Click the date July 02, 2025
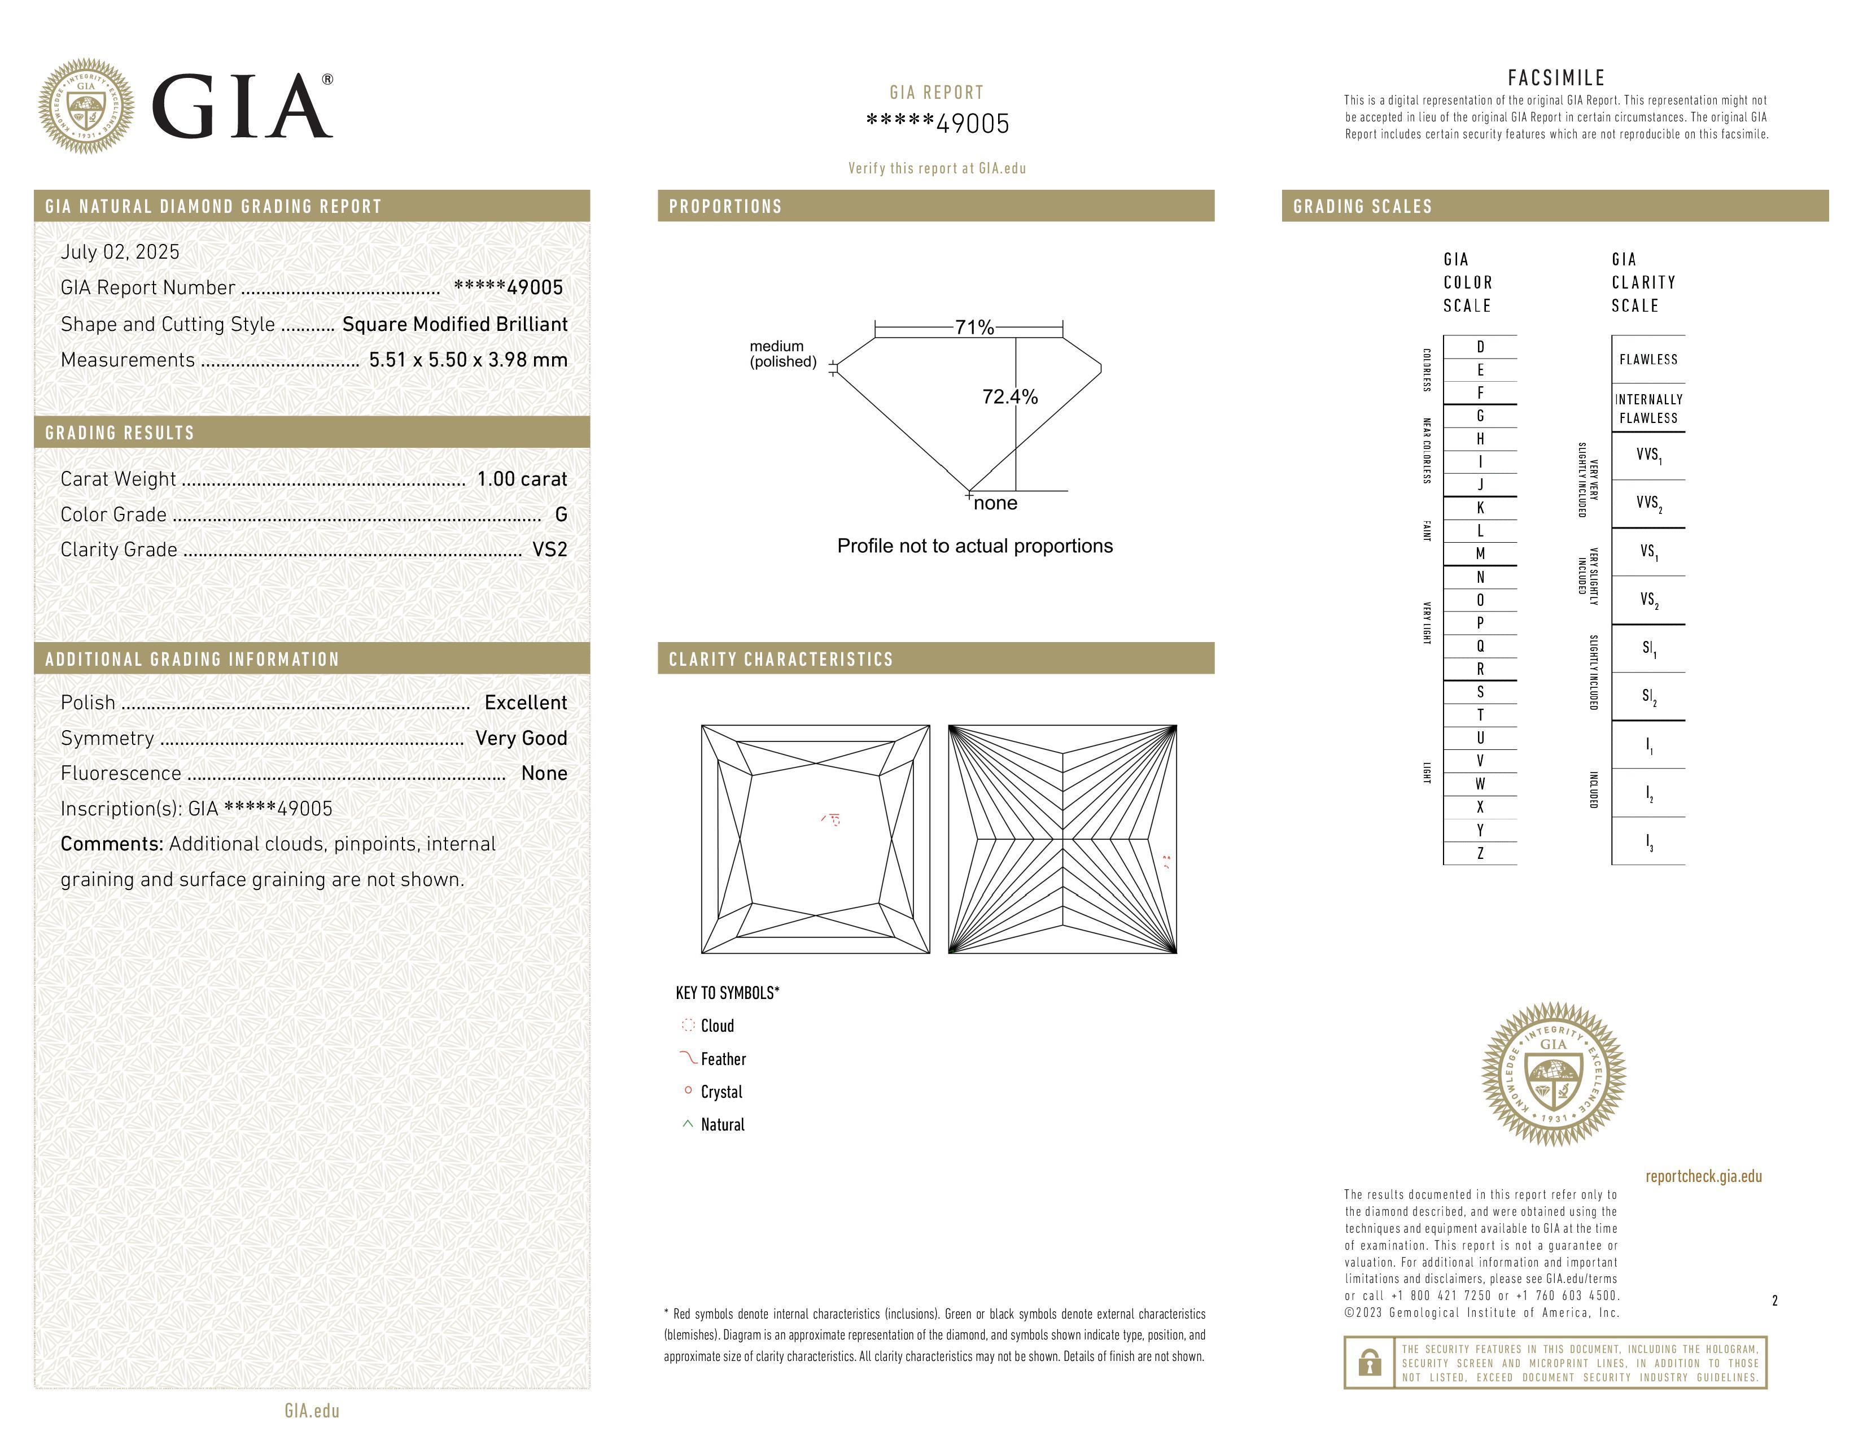coord(120,252)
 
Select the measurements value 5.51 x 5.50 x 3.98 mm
coord(467,360)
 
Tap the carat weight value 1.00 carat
coord(521,478)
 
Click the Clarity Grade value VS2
coord(549,549)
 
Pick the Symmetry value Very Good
coord(521,738)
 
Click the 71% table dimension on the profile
coord(974,328)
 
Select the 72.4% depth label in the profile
coord(1010,396)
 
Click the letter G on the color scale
coord(1480,416)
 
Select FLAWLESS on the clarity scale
coord(1648,359)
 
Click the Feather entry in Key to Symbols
coord(723,1059)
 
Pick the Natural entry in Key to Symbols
coord(721,1124)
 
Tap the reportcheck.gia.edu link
coord(1703,1176)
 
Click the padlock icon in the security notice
coord(1369,1363)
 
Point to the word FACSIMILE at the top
coord(1556,77)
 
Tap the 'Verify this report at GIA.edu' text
coord(937,168)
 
